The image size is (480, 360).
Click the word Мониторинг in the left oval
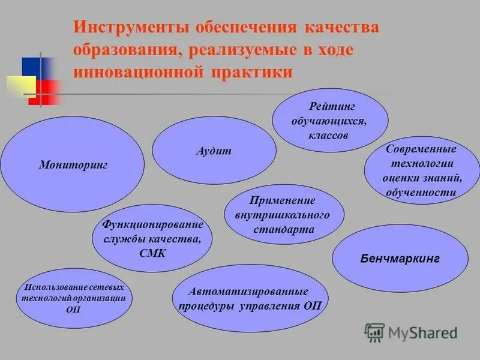73,164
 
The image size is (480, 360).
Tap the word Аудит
214,151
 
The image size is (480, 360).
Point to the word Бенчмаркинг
400,259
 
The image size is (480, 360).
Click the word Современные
421,149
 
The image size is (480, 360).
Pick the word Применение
284,200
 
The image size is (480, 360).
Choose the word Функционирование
153,225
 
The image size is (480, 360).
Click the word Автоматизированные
248,292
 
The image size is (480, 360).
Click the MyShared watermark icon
374,332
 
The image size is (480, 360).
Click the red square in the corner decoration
47,92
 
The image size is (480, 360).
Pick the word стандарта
284,229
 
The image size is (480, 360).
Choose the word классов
328,136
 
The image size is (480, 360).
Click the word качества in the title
341,29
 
